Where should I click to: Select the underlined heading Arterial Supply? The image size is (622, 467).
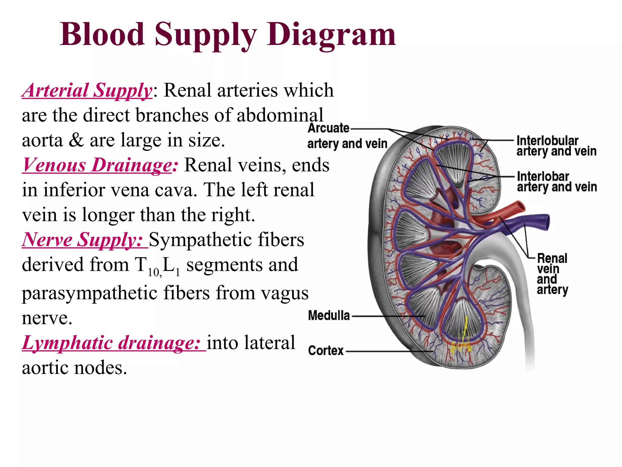pyautogui.click(x=87, y=90)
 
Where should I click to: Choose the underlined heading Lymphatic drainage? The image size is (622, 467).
pyautogui.click(x=111, y=343)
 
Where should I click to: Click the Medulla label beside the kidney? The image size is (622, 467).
pyautogui.click(x=329, y=316)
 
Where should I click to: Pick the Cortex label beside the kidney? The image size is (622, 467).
pyautogui.click(x=326, y=351)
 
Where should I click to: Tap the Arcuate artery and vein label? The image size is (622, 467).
pyautogui.click(x=347, y=136)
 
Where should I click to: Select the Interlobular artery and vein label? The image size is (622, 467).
pyautogui.click(x=556, y=146)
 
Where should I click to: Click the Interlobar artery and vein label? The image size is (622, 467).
pyautogui.click(x=556, y=182)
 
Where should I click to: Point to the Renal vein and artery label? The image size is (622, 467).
pyautogui.click(x=552, y=274)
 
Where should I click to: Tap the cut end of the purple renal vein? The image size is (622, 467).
pyautogui.click(x=546, y=222)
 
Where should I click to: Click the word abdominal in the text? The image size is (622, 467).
pyautogui.click(x=279, y=115)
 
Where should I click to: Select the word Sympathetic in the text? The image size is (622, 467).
pyautogui.click(x=226, y=240)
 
